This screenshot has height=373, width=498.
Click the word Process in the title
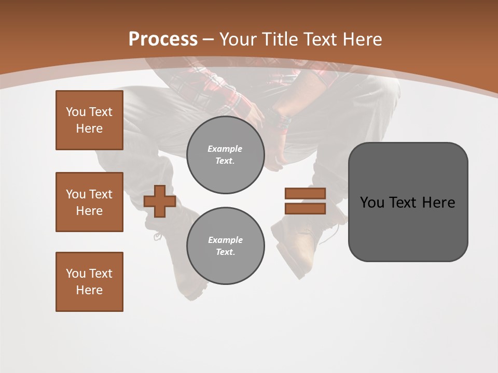click(x=163, y=39)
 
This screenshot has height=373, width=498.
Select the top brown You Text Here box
click(x=89, y=120)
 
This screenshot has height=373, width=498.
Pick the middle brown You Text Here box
click(x=89, y=202)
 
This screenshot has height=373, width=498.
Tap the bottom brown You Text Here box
click(x=89, y=282)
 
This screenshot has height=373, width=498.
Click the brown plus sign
click(x=160, y=201)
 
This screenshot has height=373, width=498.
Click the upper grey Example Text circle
click(x=225, y=155)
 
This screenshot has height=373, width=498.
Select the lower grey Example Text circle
click(x=225, y=246)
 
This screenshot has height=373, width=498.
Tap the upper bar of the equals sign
click(x=305, y=193)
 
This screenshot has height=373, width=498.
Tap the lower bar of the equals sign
click(x=305, y=208)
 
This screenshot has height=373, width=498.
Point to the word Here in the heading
click(x=362, y=39)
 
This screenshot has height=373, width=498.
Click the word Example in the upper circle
click(x=225, y=149)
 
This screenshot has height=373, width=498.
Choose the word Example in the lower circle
click(x=225, y=240)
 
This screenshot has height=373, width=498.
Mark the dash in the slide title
click(x=208, y=39)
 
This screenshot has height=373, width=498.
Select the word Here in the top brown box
click(x=89, y=128)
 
